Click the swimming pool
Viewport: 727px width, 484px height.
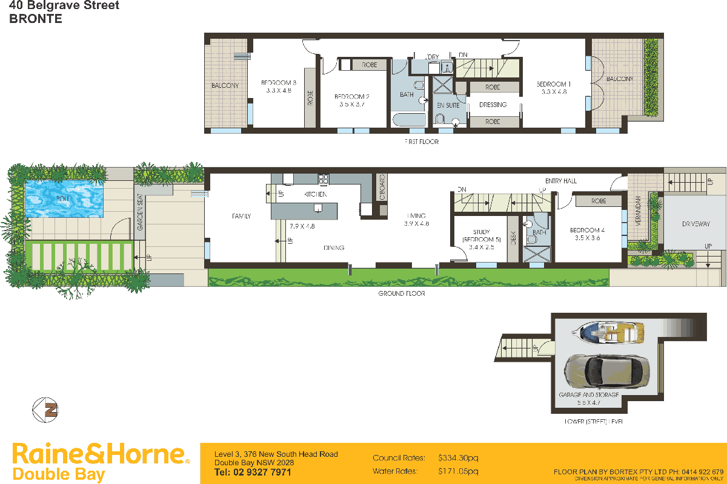(x=64, y=198)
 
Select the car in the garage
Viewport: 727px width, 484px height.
(x=606, y=370)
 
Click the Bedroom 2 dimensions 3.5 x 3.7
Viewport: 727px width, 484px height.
(x=352, y=104)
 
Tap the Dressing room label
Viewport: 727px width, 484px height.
(x=493, y=105)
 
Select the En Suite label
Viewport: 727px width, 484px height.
(x=448, y=105)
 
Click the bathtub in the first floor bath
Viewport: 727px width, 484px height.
(x=410, y=119)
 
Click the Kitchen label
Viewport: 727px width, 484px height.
(x=315, y=194)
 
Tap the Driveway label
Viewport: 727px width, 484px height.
(x=695, y=224)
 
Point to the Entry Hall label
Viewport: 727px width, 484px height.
(x=560, y=181)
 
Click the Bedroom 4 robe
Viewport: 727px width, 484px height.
(x=599, y=201)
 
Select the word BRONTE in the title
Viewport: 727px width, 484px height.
(x=35, y=19)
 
